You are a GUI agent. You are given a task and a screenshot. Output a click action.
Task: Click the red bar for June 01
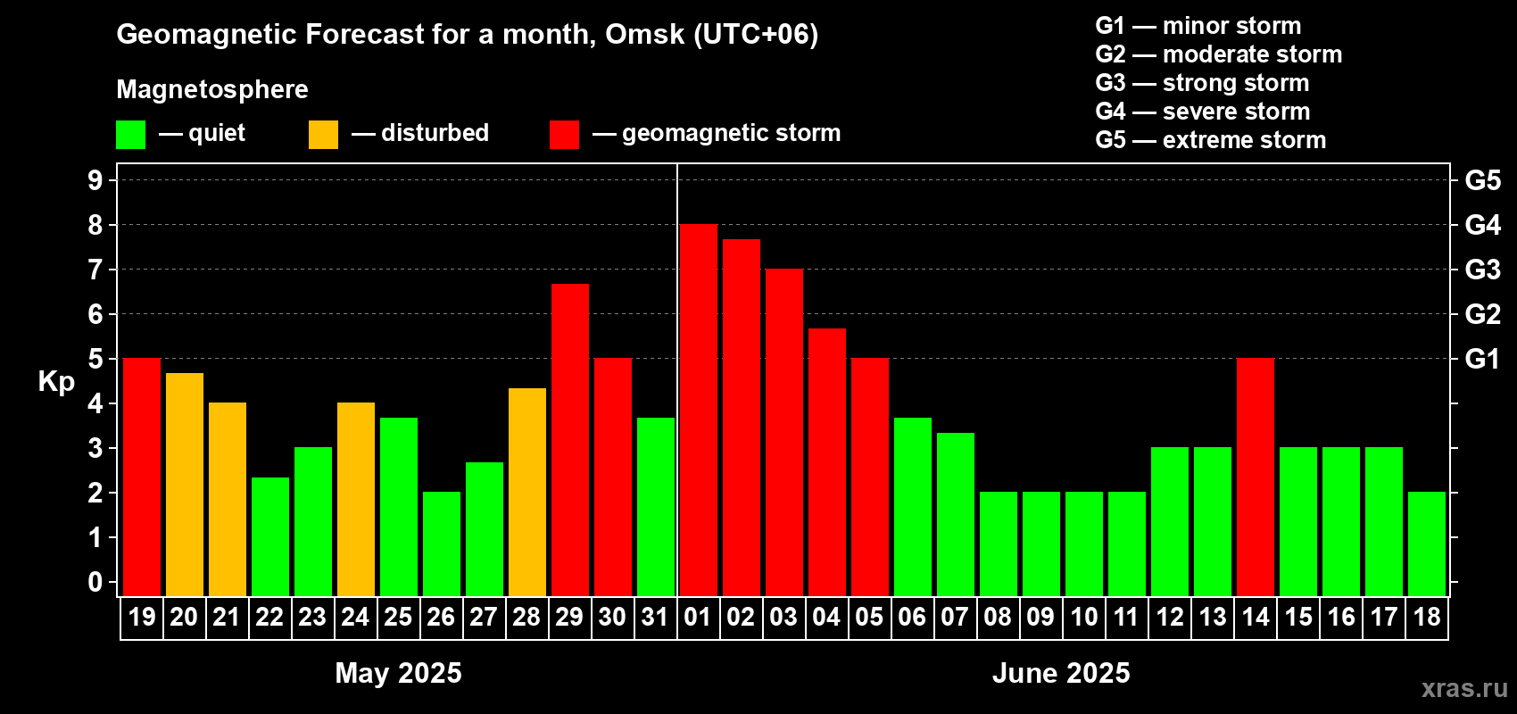698,410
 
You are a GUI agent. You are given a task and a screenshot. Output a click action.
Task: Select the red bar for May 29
569,440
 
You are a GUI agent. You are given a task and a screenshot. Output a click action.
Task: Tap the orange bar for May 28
526,492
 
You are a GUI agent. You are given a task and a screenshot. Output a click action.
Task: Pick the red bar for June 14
1255,477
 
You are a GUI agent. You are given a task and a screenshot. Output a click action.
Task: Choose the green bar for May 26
442,544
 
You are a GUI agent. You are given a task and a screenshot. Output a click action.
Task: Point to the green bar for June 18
1426,544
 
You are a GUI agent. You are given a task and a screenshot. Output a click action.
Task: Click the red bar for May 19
142,477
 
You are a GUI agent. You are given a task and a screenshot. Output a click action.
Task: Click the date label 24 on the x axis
355,617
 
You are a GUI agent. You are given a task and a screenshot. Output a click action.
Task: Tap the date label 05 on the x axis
869,617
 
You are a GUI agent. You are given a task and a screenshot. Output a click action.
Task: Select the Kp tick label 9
95,180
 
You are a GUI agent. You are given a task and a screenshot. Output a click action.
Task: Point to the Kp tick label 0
95,582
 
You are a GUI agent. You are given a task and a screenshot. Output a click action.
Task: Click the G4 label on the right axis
1483,225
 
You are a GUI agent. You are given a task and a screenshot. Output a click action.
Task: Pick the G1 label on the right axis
1483,359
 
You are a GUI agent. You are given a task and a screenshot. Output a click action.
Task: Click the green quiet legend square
130,134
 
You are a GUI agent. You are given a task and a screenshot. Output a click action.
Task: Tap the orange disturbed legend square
323,134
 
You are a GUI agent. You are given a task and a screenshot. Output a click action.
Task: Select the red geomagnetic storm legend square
564,134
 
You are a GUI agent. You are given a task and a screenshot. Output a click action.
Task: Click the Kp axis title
56,382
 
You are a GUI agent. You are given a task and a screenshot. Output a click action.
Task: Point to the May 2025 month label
398,673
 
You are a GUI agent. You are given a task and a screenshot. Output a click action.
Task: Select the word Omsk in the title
644,35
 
